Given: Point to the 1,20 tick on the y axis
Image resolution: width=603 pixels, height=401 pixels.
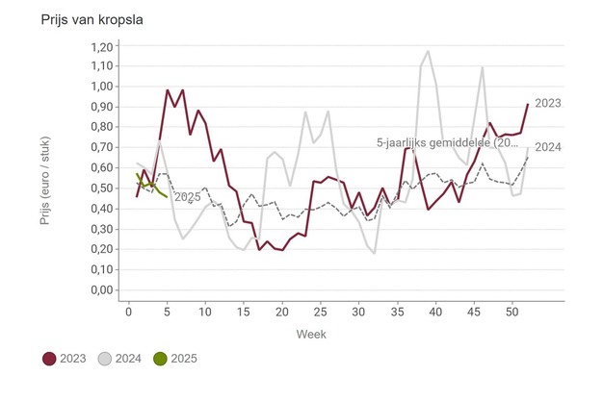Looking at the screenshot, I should coord(101,45).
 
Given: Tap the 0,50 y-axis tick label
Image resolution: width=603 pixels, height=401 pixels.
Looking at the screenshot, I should coord(101,188).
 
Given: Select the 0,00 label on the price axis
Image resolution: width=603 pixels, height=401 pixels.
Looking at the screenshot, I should coord(101,290).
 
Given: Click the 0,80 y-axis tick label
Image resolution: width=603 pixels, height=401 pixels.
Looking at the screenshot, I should coord(101,127).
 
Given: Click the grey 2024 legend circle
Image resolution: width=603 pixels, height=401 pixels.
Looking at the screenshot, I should coord(106,359).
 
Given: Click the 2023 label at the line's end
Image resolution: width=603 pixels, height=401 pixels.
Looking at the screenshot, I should coord(548,102).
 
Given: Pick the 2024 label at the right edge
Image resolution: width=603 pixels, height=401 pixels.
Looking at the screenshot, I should coord(548,147).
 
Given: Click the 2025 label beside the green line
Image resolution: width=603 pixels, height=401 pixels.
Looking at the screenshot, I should coord(187,197).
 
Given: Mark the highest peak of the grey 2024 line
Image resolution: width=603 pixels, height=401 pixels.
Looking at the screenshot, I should coord(428,52).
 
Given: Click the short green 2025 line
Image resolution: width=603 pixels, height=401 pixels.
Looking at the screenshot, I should coord(151,187).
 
